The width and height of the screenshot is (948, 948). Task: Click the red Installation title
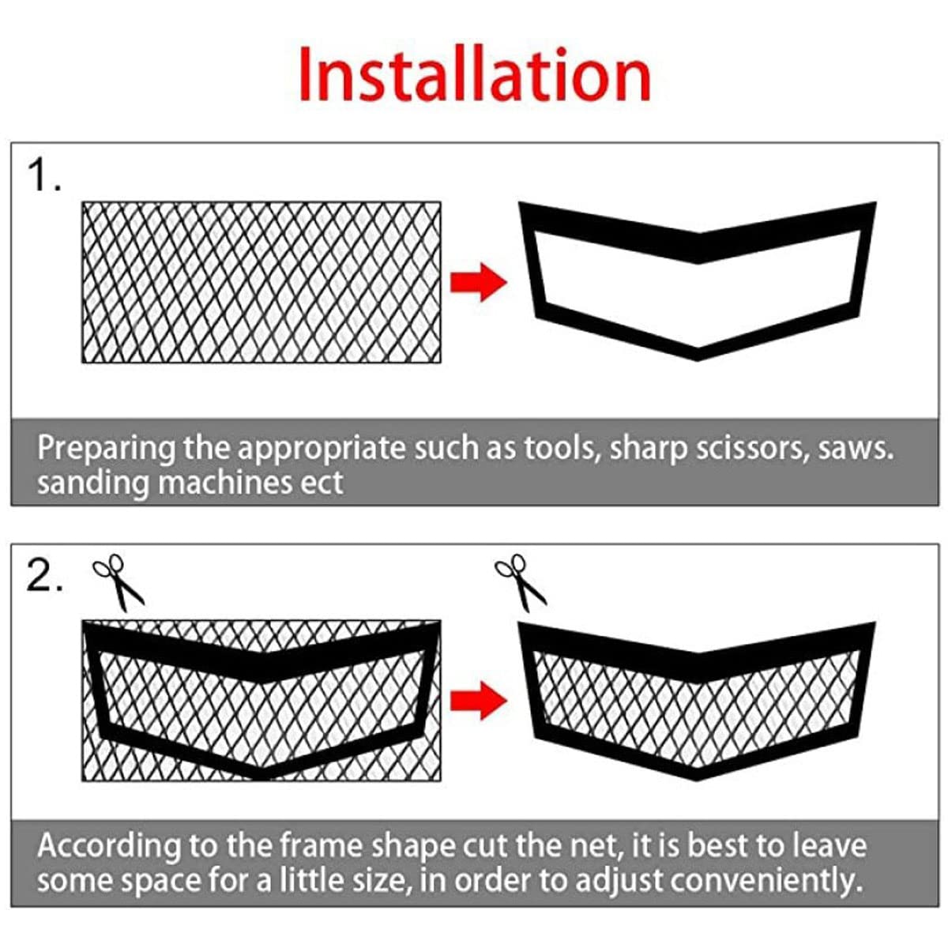pyautogui.click(x=474, y=75)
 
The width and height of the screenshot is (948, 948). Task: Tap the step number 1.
pyautogui.click(x=43, y=175)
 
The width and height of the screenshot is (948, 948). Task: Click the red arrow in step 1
pyautogui.click(x=478, y=283)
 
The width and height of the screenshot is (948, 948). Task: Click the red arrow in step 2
pyautogui.click(x=478, y=700)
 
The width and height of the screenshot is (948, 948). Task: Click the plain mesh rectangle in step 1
pyautogui.click(x=261, y=283)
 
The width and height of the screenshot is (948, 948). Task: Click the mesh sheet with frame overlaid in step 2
pyautogui.click(x=261, y=700)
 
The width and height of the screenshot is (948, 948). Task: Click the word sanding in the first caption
pyautogui.click(x=92, y=483)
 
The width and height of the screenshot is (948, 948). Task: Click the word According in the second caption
pyautogui.click(x=108, y=846)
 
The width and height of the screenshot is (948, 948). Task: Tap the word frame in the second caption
pyautogui.click(x=320, y=846)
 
